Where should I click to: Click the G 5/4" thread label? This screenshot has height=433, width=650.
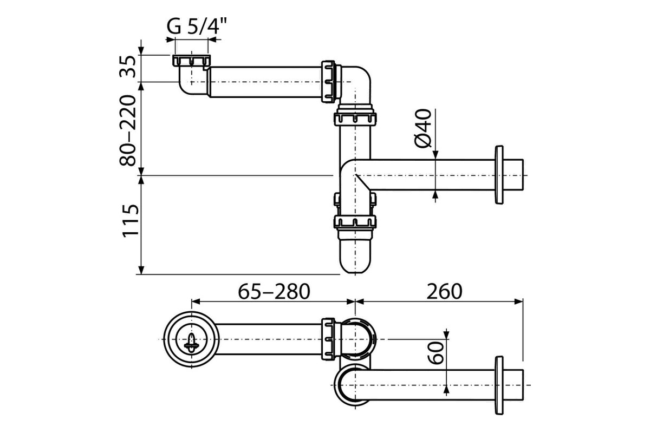[x=196, y=27]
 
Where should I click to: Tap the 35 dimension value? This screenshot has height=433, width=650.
[x=128, y=67]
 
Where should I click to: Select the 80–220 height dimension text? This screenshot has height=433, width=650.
[x=128, y=130]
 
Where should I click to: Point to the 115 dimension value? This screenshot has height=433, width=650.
[x=131, y=221]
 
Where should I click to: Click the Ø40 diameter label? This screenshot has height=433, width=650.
[x=423, y=128]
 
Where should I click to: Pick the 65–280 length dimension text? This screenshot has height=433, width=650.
[x=274, y=292]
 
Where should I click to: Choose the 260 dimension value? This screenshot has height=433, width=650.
[x=444, y=292]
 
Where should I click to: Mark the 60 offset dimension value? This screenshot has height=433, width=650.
[x=436, y=353]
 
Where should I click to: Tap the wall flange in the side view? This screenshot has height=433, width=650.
[x=499, y=175]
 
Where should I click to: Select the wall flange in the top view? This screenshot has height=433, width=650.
[x=499, y=385]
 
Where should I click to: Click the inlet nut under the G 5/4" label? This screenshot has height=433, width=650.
[x=191, y=60]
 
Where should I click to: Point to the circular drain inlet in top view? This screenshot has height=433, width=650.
[x=191, y=339]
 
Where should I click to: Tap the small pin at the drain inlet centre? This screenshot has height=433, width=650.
[x=191, y=343]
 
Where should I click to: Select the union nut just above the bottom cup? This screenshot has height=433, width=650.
[x=355, y=222]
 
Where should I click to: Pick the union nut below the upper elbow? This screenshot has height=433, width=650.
[x=355, y=119]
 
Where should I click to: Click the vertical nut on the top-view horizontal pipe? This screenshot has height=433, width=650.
[x=328, y=339]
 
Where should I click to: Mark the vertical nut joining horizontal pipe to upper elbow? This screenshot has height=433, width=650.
[x=328, y=82]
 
